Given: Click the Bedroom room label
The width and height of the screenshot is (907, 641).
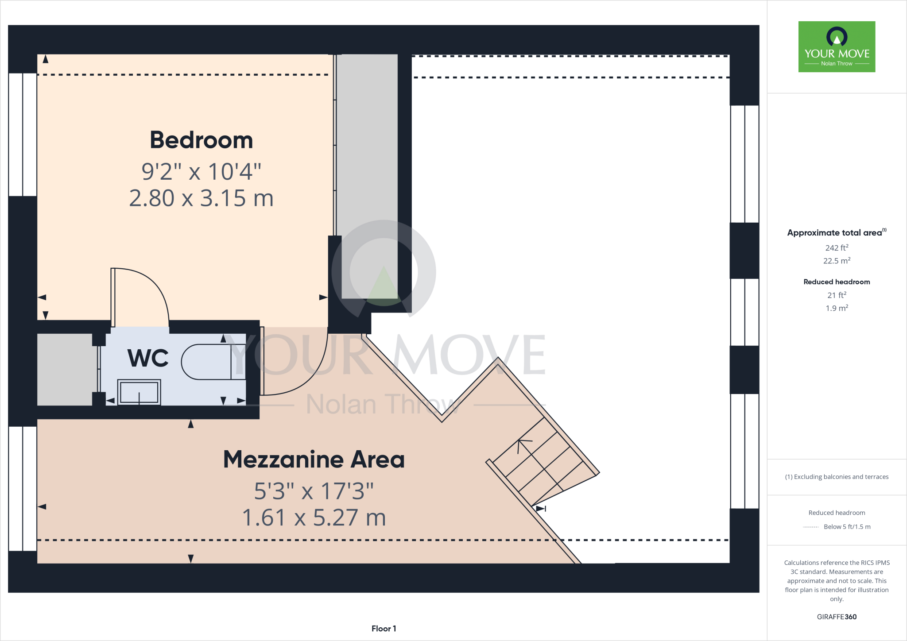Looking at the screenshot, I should point(202,140).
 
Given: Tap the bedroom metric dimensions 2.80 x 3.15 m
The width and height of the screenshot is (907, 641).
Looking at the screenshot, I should point(202,198).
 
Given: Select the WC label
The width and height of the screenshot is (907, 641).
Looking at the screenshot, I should point(148,358).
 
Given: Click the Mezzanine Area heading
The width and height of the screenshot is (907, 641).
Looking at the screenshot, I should point(314,459).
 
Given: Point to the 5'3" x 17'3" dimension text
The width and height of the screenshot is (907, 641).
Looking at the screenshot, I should point(314,490).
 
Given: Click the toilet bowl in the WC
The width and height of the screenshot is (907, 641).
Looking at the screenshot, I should point(206,362).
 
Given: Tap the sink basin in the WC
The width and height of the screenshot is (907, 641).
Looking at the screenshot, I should point(139,392).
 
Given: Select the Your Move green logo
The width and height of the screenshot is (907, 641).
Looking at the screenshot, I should point(837,46).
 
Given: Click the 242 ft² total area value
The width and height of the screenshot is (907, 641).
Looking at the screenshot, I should point(837,248).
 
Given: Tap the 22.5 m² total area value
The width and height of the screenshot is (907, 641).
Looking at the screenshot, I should point(837,261).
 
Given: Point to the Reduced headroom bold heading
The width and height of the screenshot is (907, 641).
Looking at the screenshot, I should point(837,282).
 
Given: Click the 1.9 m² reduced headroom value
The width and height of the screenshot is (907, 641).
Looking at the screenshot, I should point(837,308).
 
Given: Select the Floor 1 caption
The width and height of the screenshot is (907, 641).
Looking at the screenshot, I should point(384,628).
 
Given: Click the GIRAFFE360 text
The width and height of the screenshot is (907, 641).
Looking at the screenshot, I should point(837,617).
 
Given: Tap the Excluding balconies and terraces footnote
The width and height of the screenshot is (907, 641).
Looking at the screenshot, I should point(837,477).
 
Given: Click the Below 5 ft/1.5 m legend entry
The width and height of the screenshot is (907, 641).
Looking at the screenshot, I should point(846,527).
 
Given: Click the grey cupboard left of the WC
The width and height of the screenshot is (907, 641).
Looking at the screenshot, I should point(65,369).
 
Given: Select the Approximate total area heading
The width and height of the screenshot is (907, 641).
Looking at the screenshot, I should point(835,233).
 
